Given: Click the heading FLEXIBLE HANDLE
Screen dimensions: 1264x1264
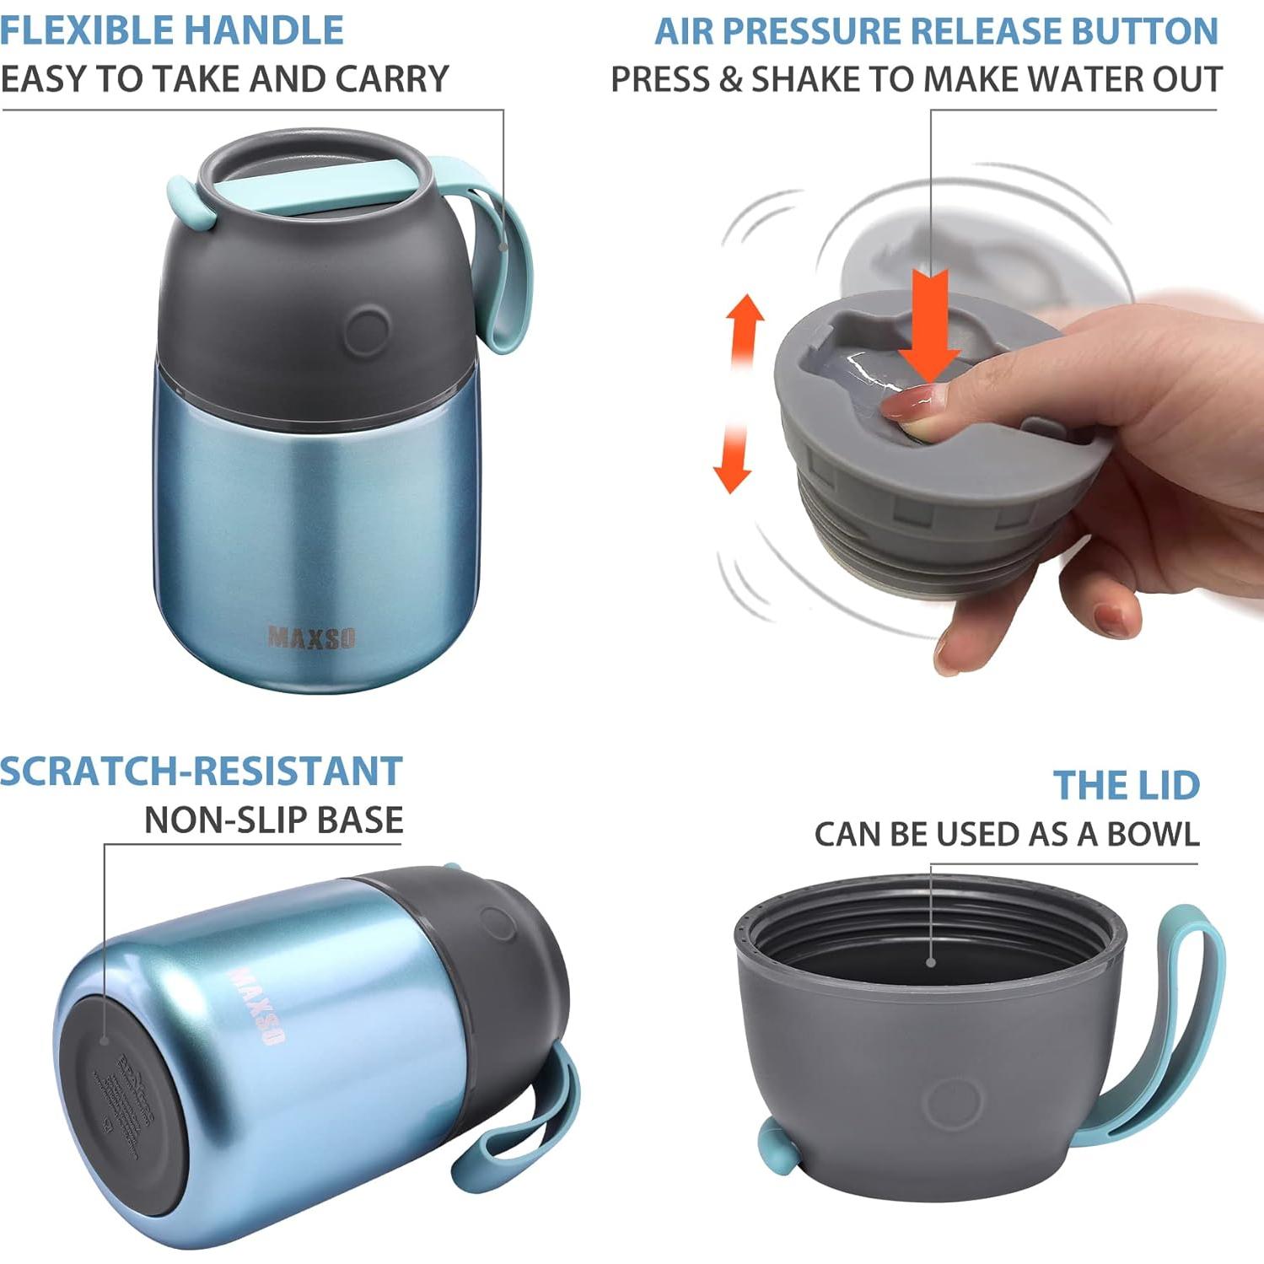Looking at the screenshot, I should tap(172, 31).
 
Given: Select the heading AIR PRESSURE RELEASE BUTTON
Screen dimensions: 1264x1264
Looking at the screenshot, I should tap(936, 31).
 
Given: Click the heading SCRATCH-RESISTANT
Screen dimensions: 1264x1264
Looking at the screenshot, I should tap(201, 771).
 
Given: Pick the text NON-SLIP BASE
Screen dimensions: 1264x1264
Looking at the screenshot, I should tap(273, 820).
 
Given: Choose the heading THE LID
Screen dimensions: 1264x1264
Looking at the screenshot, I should tap(1126, 785).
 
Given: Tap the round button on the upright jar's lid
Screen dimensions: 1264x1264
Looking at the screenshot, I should tap(367, 329).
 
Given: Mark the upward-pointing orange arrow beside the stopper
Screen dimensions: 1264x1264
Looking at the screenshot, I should tap(746, 325).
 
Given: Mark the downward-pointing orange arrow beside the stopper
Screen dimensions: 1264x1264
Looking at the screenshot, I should tap(732, 460).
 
